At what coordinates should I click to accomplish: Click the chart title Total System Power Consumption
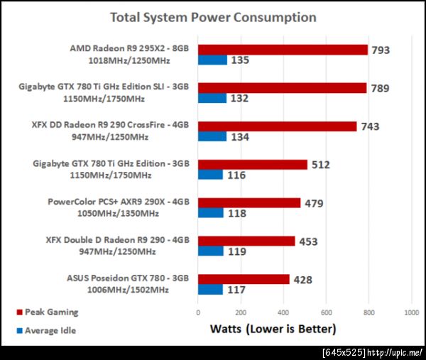pos(213,16)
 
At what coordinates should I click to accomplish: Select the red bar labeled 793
pos(283,50)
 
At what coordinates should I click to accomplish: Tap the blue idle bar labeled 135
pos(212,60)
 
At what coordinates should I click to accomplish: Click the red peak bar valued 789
pos(282,88)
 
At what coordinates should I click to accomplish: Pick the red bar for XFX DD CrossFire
pos(277,126)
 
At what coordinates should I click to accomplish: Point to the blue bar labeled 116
pos(210,175)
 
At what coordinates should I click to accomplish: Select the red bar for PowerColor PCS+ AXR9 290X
pos(249,203)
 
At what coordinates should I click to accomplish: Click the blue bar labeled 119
pos(211,251)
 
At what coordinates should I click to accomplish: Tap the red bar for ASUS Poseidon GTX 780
pos(244,279)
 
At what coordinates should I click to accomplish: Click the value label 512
pos(319,165)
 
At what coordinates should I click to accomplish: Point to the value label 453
pos(309,241)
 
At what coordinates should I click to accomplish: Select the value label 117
pos(237,290)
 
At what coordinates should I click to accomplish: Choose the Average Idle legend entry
pos(50,330)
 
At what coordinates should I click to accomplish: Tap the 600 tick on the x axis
pos(327,312)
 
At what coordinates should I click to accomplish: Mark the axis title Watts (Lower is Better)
pos(273,329)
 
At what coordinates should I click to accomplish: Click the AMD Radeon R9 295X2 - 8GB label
pos(129,49)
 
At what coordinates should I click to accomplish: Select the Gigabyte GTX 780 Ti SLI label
pos(105,87)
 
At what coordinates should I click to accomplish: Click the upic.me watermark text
pos(373,352)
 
